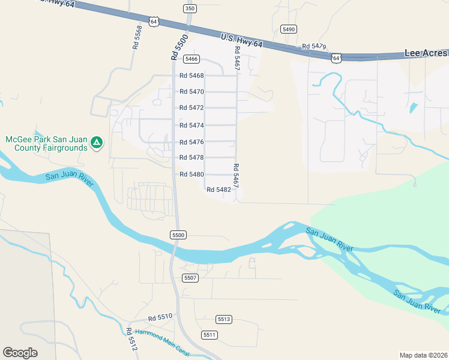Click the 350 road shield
click(190, 8)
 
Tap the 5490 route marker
click(289, 29)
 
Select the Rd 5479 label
click(314, 46)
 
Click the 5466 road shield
click(191, 59)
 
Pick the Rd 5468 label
click(191, 76)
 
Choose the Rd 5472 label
click(191, 108)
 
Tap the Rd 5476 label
click(191, 142)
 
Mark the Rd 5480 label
click(191, 175)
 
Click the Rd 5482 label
click(218, 190)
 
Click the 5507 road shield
click(190, 278)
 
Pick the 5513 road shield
click(224, 319)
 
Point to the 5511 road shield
click(209, 335)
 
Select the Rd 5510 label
click(160, 317)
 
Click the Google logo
click(20, 353)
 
